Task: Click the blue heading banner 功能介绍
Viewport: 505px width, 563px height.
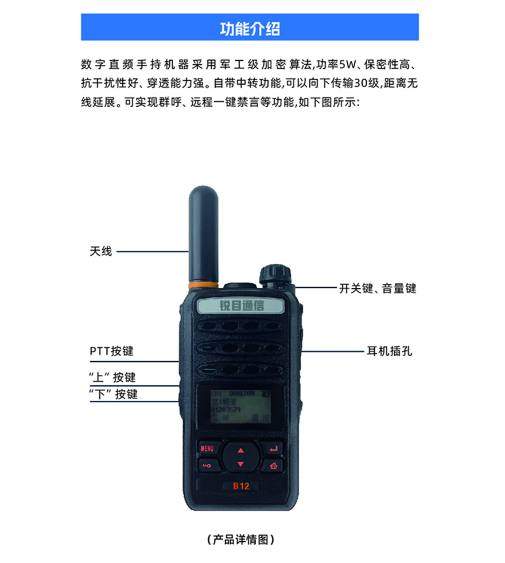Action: pyautogui.click(x=250, y=28)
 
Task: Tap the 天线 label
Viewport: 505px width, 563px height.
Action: pyautogui.click(x=100, y=251)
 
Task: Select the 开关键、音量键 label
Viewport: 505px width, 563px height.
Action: pyautogui.click(x=377, y=288)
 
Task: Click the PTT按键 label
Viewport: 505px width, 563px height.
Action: pyautogui.click(x=111, y=351)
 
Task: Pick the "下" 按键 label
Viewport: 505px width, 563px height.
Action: pyautogui.click(x=114, y=394)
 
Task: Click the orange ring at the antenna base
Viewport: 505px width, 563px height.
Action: pyautogui.click(x=204, y=284)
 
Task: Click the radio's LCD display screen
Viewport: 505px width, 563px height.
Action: pyautogui.click(x=240, y=409)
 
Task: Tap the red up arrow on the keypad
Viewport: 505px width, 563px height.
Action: pyautogui.click(x=240, y=450)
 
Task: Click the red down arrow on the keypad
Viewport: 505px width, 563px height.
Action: pyautogui.click(x=240, y=464)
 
